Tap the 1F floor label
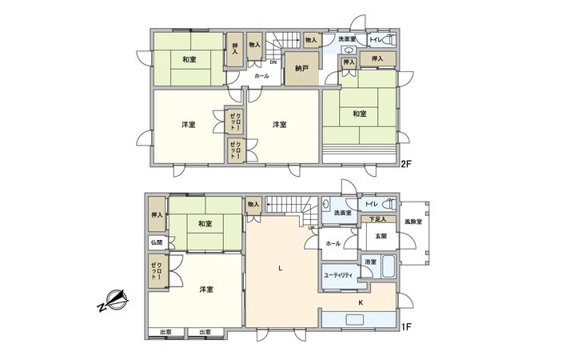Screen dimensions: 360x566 tap(405, 326)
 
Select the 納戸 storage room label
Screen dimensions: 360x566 tap(301, 69)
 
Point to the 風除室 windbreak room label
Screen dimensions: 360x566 tap(413, 220)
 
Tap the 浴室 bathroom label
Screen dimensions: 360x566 tap(371, 262)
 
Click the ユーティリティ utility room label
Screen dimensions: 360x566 tap(339, 275)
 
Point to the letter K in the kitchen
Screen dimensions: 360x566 tap(361, 302)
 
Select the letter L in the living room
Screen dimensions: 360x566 tap(280, 268)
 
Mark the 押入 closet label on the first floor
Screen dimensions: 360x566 tap(156, 214)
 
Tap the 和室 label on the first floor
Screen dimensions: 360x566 tap(205, 224)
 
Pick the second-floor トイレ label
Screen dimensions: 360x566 tap(375, 40)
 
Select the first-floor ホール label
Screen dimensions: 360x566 tap(333, 243)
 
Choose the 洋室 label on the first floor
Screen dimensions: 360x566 tap(205, 289)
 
